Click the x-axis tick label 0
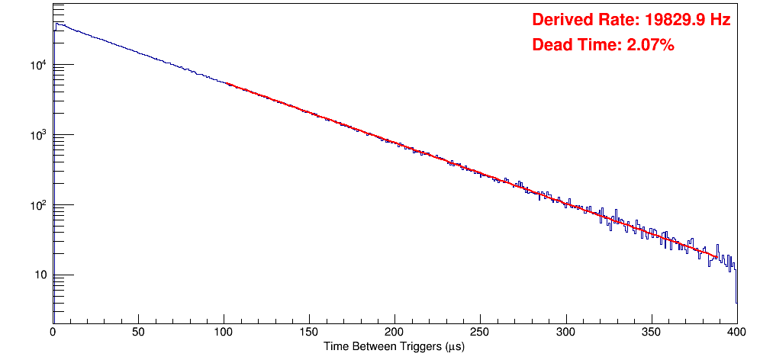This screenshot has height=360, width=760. coord(53,333)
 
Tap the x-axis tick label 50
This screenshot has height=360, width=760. coord(138,333)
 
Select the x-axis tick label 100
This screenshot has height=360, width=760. coord(224,333)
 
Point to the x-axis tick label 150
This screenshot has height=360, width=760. coord(309,333)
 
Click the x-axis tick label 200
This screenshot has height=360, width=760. coord(394,333)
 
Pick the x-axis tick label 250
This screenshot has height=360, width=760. coord(480,333)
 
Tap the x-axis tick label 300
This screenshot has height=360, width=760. coord(565,333)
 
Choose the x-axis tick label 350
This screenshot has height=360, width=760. coord(651,333)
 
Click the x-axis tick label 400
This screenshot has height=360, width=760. coord(736,333)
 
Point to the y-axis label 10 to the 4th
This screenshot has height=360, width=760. coord(38,64)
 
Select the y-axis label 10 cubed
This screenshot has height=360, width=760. coord(38,134)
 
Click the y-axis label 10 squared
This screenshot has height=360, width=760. coord(38,204)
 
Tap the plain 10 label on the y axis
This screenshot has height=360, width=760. coord(40,275)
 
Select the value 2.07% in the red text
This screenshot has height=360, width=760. coord(650,46)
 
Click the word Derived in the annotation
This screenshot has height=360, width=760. coord(560,20)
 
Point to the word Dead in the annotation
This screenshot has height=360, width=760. coord(549,46)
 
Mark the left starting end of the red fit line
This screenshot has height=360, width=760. coord(226,83)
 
